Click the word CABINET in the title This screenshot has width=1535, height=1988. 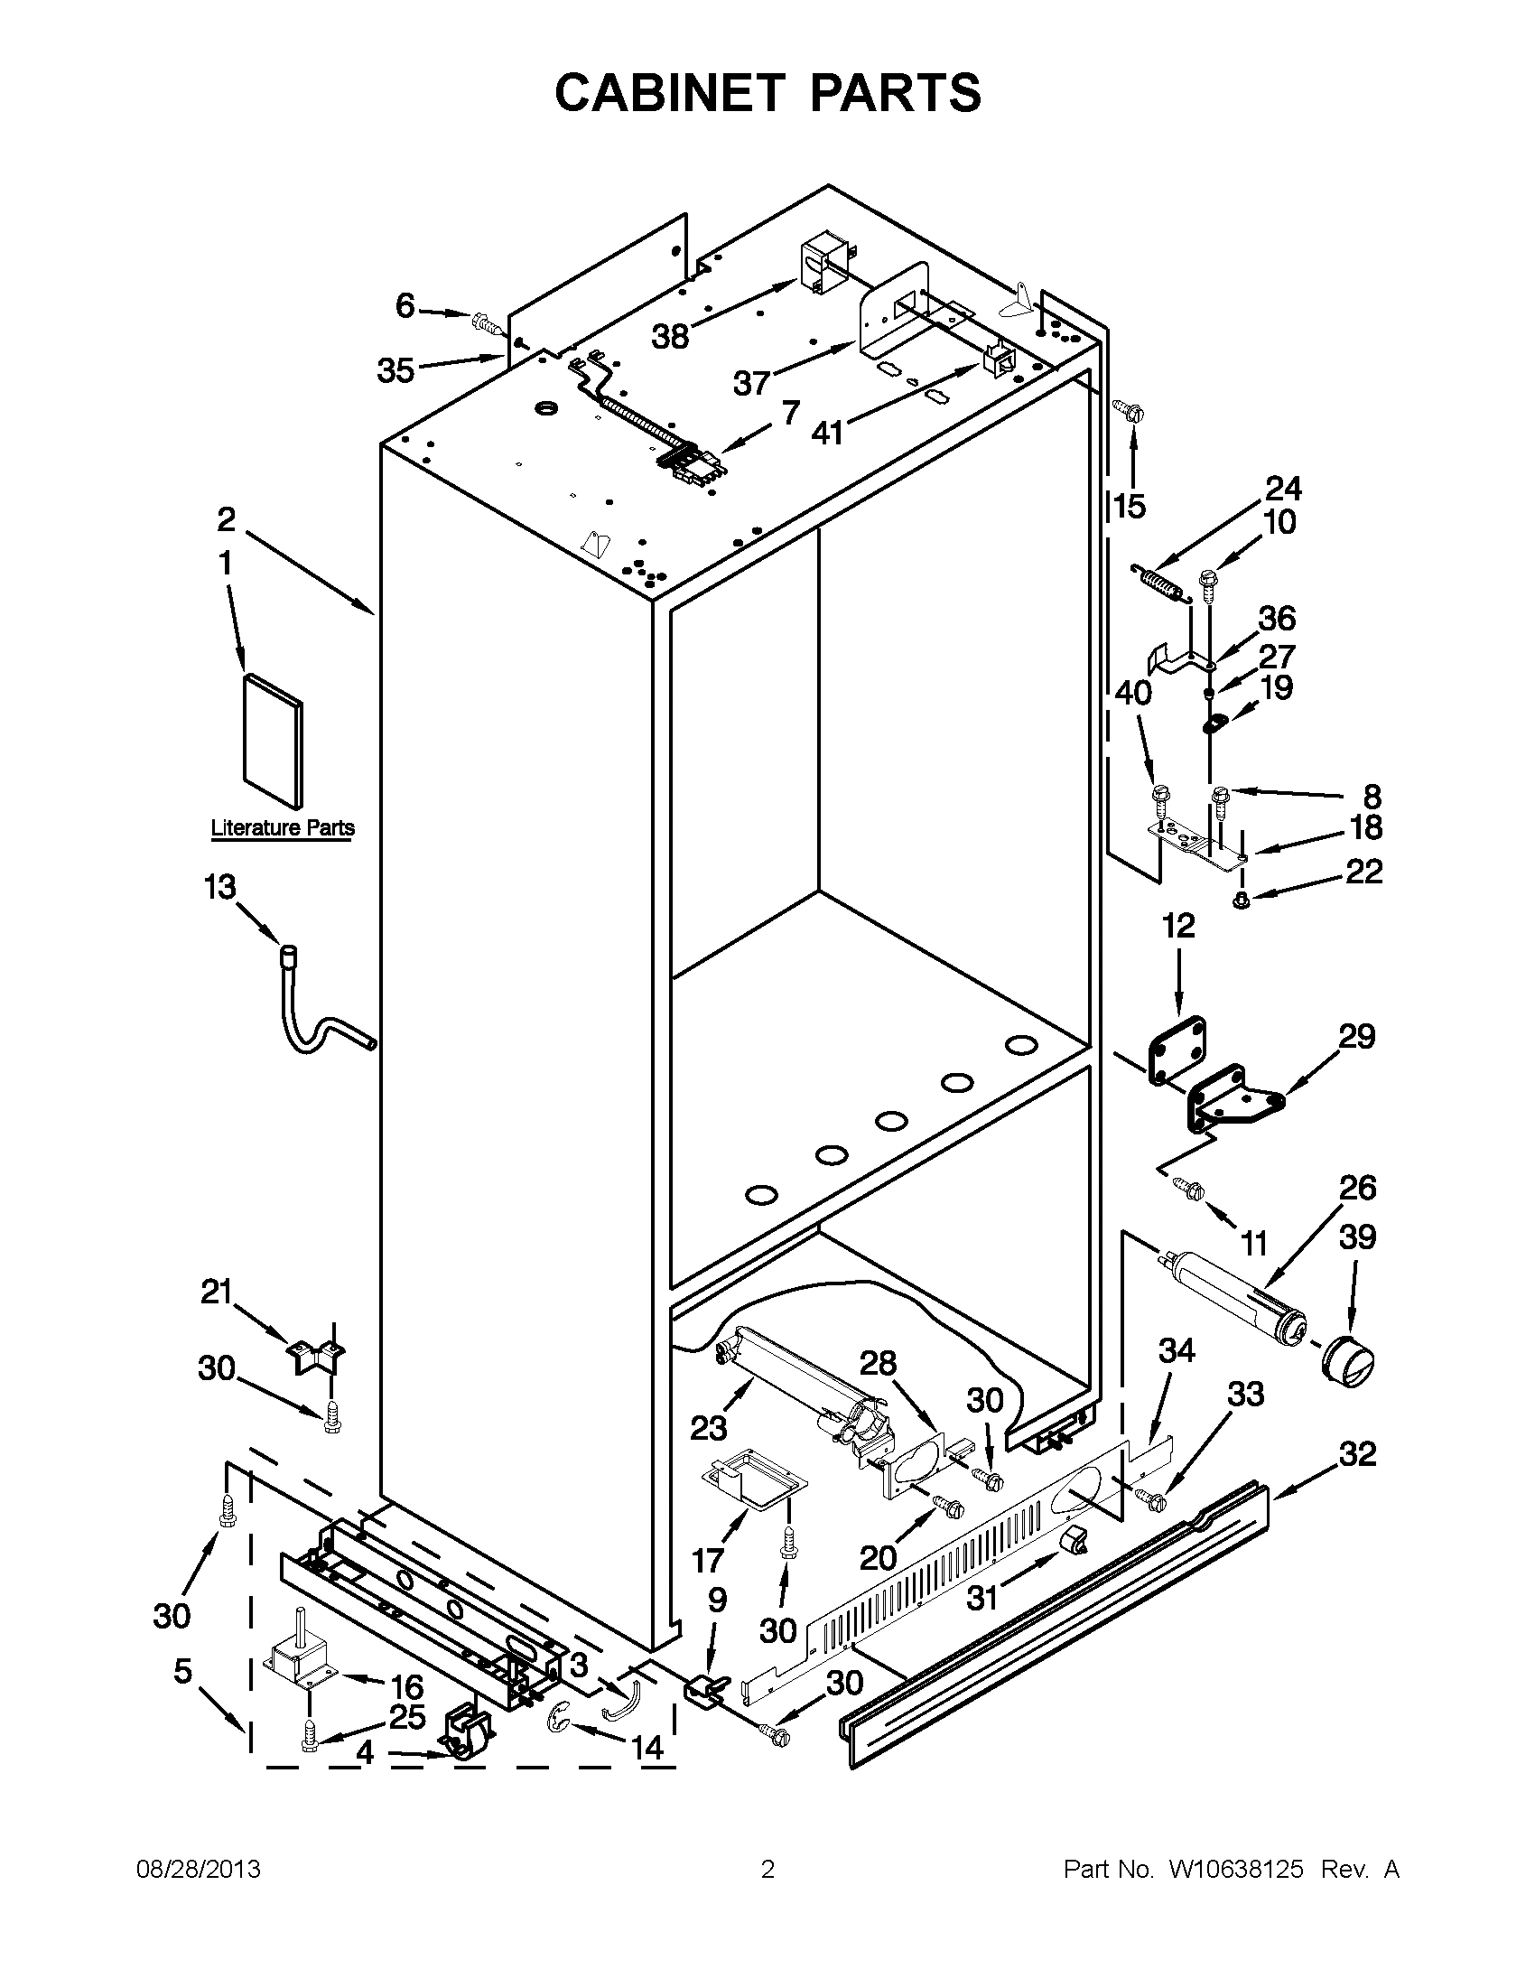click(669, 92)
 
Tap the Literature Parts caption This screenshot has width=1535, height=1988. click(282, 828)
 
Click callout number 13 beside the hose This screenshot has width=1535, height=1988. click(219, 887)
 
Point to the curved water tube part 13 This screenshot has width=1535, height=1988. click(319, 1034)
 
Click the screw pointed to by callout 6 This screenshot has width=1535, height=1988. click(484, 322)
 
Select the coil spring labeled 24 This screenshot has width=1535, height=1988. click(1160, 583)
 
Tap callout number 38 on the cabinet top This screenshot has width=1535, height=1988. click(670, 337)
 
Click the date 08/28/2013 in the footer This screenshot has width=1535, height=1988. click(199, 1870)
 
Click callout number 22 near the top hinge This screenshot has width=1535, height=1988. click(1363, 872)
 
